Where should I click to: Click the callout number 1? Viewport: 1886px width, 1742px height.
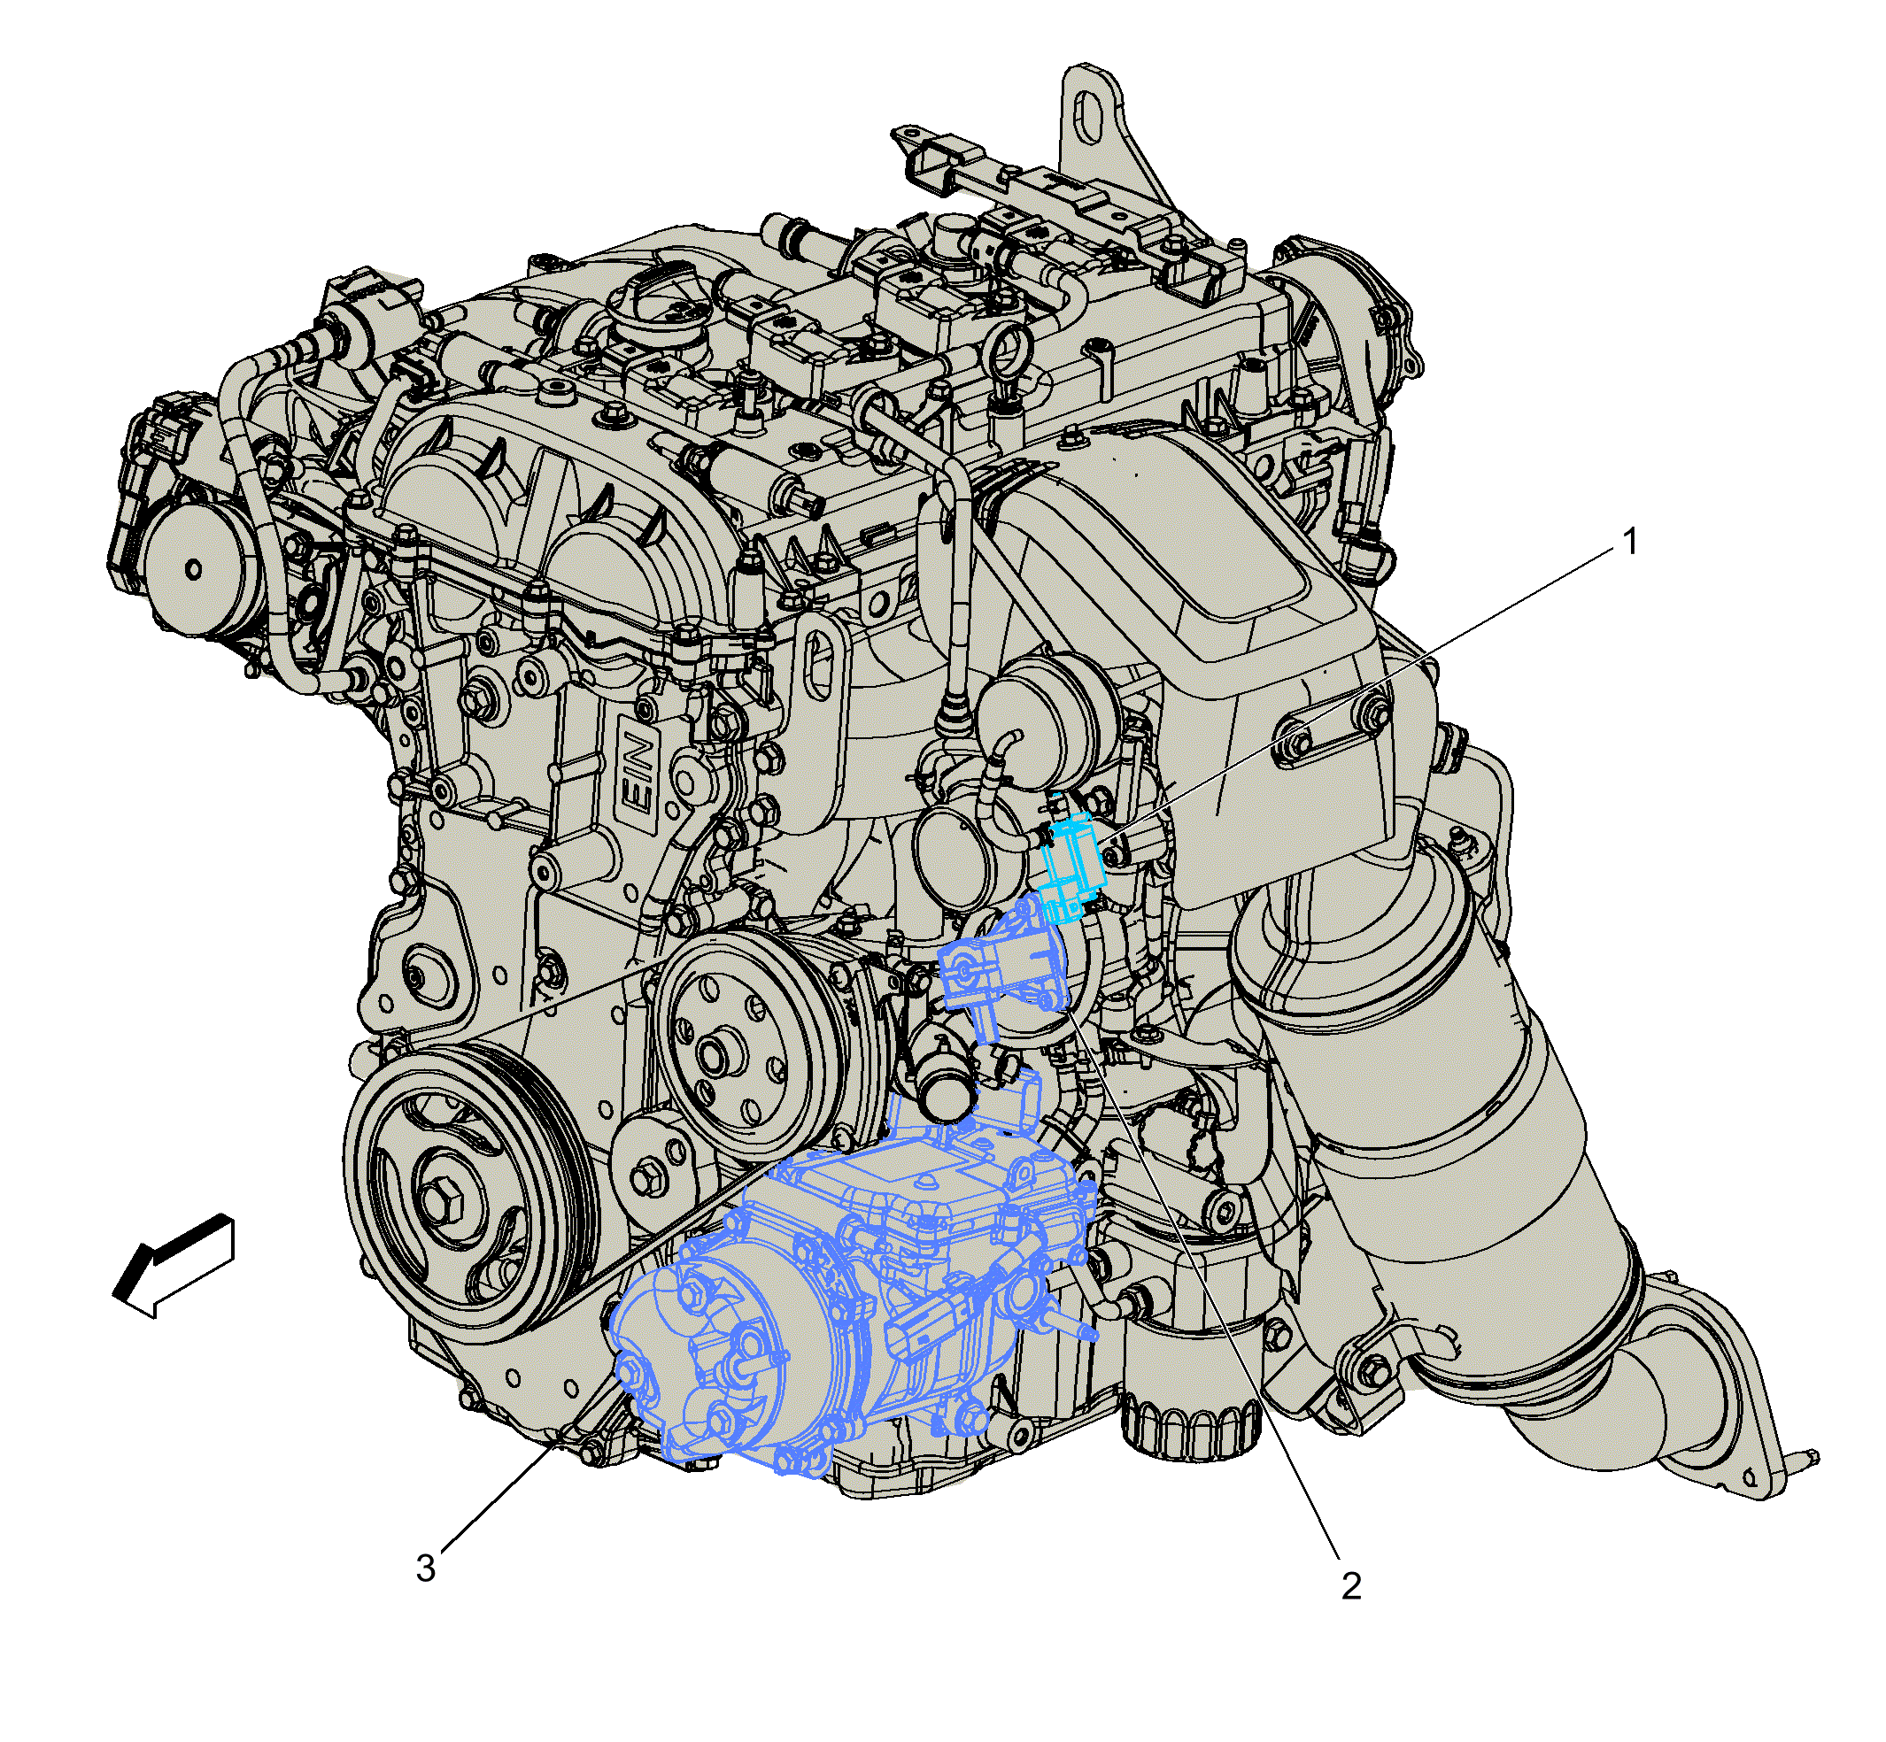[1629, 542]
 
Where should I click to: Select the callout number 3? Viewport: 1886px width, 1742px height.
[425, 1568]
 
